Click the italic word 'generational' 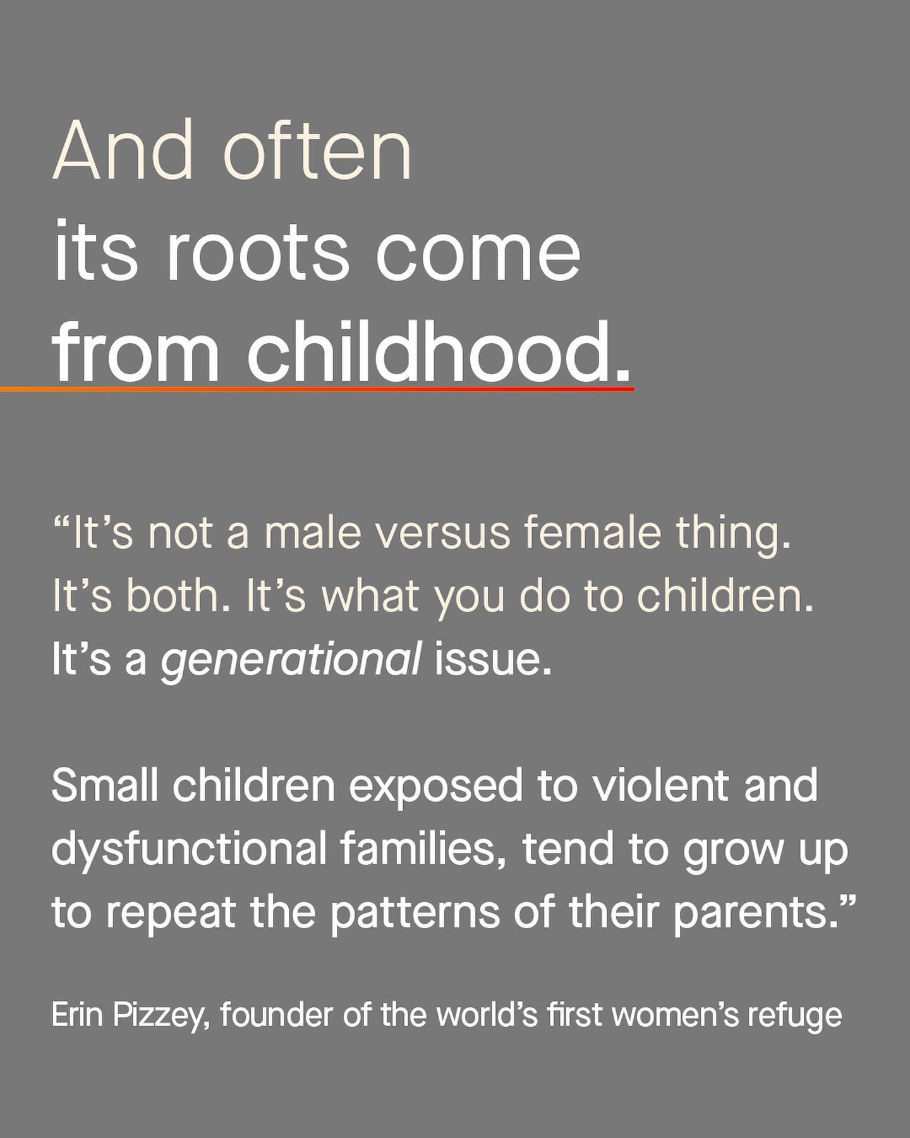291,661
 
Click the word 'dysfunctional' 189,851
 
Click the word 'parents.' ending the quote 764,913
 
